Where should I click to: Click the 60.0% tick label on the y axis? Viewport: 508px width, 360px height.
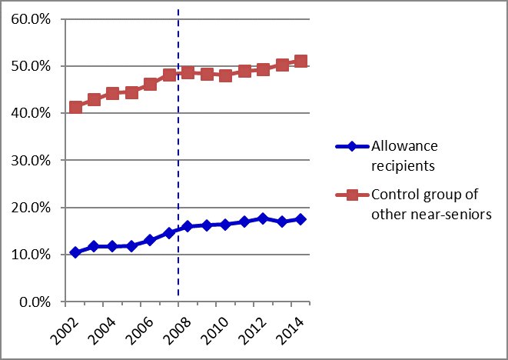point(31,19)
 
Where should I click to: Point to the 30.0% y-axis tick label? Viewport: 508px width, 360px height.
point(31,161)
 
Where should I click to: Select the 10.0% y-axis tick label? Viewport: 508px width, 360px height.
point(31,255)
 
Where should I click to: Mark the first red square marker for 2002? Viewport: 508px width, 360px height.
point(75,107)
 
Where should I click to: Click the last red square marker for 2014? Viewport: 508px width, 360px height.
point(300,61)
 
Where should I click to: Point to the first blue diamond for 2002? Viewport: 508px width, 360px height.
point(75,252)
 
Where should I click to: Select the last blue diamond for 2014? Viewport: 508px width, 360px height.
point(300,219)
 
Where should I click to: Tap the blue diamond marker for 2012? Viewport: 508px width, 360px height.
point(263,218)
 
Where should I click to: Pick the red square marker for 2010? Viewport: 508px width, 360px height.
point(225,75)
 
